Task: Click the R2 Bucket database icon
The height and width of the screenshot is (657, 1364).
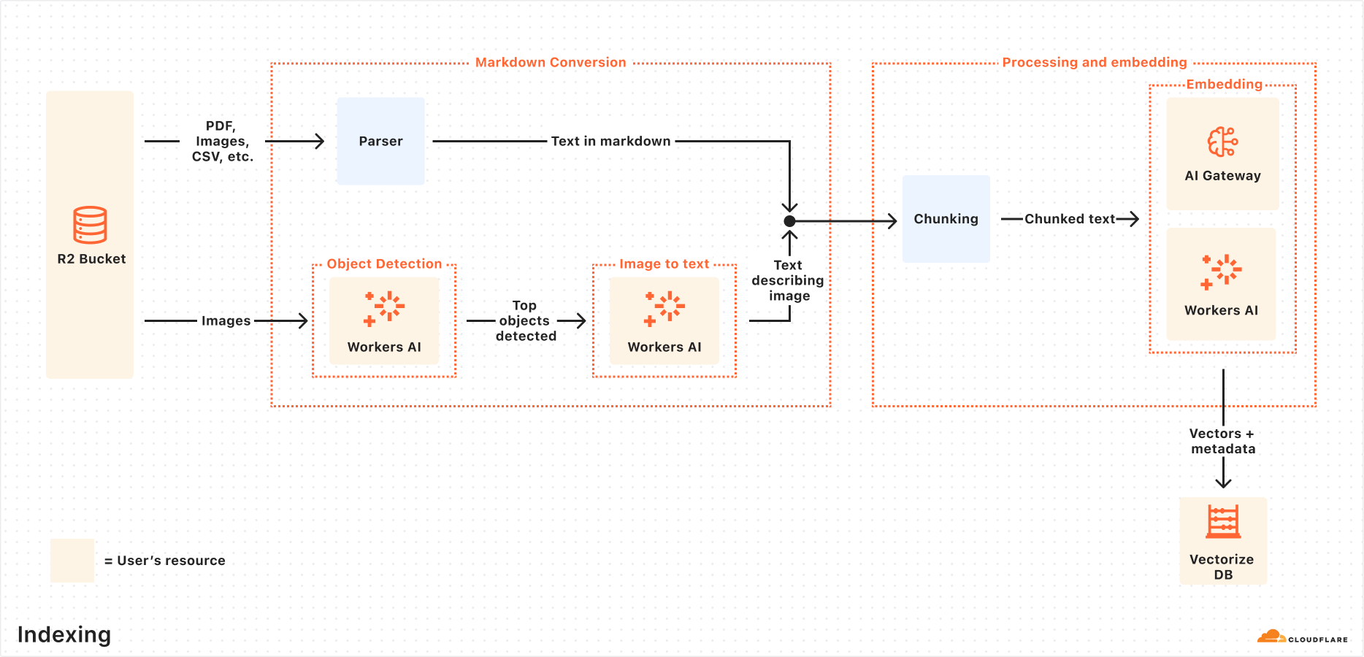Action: [90, 225]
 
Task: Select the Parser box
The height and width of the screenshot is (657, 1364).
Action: [380, 141]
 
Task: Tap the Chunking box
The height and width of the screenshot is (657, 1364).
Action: [946, 219]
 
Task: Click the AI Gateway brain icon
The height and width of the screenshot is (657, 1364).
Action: [1222, 142]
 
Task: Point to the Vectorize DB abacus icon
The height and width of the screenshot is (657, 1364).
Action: [1223, 522]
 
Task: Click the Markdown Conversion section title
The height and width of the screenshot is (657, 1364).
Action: [551, 63]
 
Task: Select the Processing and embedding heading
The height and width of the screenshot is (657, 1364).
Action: [1094, 63]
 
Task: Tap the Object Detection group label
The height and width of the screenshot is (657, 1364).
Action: [384, 264]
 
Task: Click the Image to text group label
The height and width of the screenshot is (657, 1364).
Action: [664, 264]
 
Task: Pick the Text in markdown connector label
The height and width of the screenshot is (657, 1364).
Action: [610, 142]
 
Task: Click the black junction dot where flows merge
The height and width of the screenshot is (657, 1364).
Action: [789, 221]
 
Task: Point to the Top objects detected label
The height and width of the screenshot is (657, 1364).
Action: [526, 321]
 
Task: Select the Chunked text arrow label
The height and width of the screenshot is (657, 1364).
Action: [1069, 219]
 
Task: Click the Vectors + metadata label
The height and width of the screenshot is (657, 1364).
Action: [1223, 442]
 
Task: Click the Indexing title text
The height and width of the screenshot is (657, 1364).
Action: [64, 634]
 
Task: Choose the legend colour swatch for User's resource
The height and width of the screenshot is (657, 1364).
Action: [72, 561]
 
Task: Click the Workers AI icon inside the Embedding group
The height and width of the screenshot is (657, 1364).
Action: [1222, 272]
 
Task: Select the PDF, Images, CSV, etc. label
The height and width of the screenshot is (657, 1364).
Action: [222, 142]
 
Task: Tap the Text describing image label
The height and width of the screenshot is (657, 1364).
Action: [788, 280]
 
